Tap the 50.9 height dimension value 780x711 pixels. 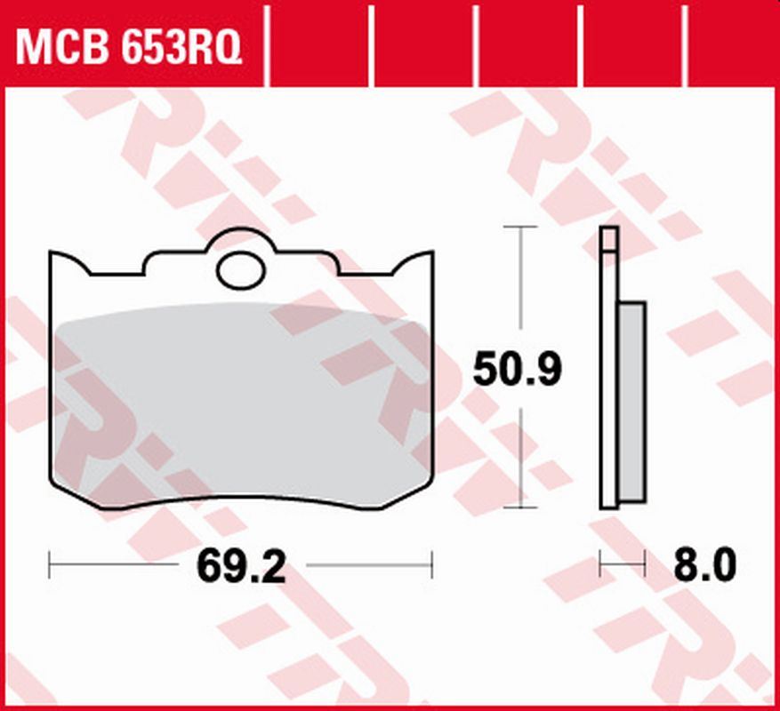click(517, 370)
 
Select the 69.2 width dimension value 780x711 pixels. click(242, 566)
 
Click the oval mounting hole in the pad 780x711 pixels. click(242, 270)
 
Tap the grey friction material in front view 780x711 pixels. click(240, 400)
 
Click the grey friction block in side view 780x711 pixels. click(631, 400)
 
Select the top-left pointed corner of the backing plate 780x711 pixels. click(52, 252)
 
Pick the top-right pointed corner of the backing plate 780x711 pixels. click(432, 252)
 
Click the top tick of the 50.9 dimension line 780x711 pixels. click(520, 227)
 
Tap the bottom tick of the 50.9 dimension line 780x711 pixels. click(520, 508)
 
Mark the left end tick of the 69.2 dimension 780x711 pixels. click(50, 564)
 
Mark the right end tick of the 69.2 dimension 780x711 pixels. click(431, 564)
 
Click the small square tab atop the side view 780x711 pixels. click(609, 239)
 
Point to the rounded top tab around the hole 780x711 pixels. click(241, 237)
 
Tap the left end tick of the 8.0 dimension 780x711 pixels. click(601, 563)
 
